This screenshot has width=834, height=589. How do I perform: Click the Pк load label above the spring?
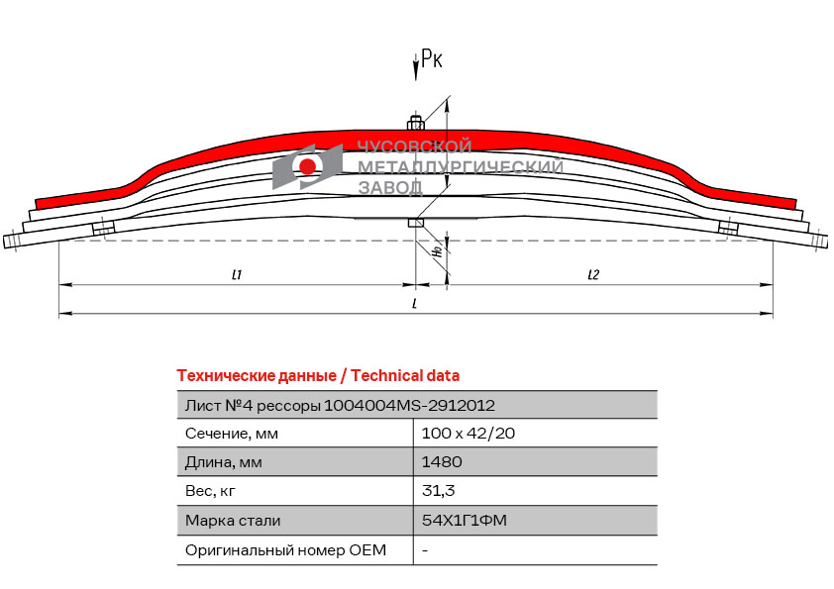[x=431, y=58]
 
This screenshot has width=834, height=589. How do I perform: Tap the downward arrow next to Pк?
[x=416, y=67]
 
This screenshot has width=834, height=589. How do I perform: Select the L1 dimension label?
[x=237, y=274]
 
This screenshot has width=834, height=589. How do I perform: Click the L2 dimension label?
[x=593, y=274]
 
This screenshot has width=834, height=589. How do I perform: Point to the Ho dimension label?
[x=438, y=249]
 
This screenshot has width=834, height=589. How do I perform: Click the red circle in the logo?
[x=307, y=167]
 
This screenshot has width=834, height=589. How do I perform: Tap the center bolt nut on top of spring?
[x=415, y=124]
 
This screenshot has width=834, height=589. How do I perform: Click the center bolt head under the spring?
[x=415, y=222]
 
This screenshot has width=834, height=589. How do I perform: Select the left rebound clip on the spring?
[x=103, y=228]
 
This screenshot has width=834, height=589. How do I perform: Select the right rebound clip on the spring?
[x=728, y=228]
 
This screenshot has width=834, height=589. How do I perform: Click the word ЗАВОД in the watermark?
[x=390, y=188]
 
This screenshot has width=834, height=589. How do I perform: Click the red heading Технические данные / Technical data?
[x=318, y=376]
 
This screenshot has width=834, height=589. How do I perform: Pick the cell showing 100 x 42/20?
[x=469, y=434]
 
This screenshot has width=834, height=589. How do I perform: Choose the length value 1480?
[x=442, y=462]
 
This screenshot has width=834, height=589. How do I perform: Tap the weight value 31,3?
[x=438, y=491]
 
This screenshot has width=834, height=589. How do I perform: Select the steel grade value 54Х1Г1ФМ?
[x=465, y=520]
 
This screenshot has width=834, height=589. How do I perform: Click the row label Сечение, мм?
[x=232, y=434]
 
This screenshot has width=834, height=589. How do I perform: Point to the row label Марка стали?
[x=233, y=521]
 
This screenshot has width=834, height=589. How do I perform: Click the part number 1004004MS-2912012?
[x=409, y=406]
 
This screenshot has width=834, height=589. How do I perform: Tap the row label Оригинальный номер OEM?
[x=285, y=550]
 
